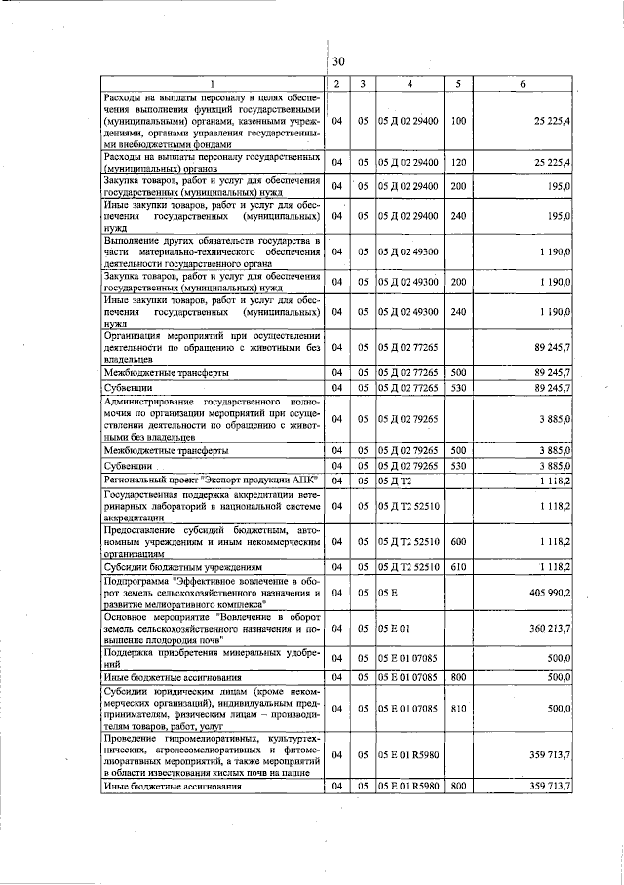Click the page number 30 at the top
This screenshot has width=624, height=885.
(x=338, y=61)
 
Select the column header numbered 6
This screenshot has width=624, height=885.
(x=523, y=84)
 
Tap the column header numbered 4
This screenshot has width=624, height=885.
(x=409, y=84)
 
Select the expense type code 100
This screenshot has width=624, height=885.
(x=458, y=121)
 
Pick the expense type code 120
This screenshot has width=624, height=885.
(x=458, y=162)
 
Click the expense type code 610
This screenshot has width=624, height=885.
(x=458, y=566)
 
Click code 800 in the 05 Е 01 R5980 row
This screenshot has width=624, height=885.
(x=458, y=785)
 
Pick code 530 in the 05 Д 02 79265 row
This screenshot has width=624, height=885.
(x=458, y=467)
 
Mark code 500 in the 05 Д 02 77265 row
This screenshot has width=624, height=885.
(x=458, y=372)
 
